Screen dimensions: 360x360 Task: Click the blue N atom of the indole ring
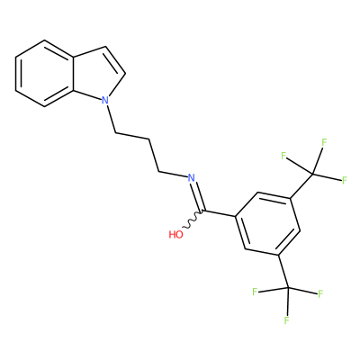click(104, 100)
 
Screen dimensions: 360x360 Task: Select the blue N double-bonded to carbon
click(191, 177)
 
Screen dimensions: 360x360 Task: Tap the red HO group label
click(175, 234)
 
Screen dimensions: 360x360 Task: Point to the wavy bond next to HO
click(193, 220)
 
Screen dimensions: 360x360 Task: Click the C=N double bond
click(198, 195)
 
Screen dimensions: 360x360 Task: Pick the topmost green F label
click(324, 142)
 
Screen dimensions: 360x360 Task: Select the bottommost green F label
click(287, 320)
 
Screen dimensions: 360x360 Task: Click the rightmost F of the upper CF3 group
click(345, 180)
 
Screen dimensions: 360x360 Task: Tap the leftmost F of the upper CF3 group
click(283, 156)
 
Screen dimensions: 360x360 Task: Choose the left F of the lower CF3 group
click(255, 292)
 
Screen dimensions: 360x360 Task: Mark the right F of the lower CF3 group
click(320, 293)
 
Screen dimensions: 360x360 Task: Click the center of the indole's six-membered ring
click(44, 73)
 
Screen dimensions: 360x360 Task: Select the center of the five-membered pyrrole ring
click(96, 73)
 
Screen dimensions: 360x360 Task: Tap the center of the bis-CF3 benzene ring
click(267, 224)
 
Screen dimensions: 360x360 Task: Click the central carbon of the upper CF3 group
click(312, 174)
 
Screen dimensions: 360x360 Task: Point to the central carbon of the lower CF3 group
click(288, 288)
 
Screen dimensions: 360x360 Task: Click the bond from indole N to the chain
click(111, 119)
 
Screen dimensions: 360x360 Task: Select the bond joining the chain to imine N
click(173, 175)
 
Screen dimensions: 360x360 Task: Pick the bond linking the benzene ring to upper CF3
click(301, 186)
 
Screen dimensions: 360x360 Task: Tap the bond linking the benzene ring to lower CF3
click(283, 272)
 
